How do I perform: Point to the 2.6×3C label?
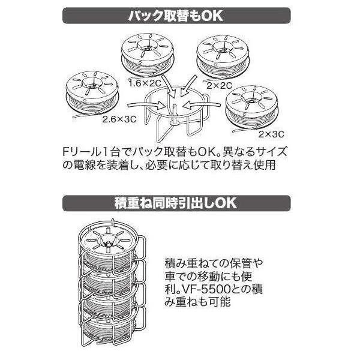click(119, 119)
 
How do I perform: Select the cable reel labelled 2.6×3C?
click(90, 92)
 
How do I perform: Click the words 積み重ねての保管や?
click(212, 264)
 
